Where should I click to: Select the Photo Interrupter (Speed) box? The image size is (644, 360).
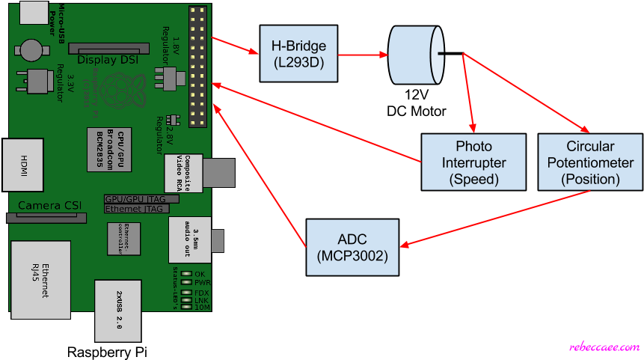pos(473,162)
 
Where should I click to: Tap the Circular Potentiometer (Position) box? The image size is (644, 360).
pos(590,162)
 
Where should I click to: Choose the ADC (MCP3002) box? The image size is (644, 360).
pos(352,247)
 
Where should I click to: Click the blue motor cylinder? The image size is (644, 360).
pos(416,55)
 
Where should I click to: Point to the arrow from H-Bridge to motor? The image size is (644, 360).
pos(362,55)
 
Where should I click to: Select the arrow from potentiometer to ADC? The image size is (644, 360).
pos(494,219)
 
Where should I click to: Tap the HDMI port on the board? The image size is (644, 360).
pos(22,164)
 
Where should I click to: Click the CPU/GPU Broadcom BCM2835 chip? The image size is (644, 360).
pos(110,149)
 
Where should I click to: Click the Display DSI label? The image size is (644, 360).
pos(107,59)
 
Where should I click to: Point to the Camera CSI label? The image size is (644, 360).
pos(49,205)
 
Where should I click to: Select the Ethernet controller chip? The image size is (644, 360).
pos(123,239)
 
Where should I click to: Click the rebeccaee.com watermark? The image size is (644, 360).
pos(604,347)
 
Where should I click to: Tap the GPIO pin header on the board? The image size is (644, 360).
pos(197,67)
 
